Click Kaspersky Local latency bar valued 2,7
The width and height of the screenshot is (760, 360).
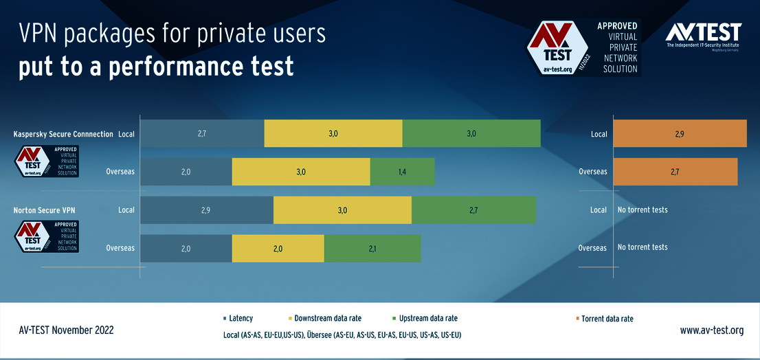[202, 133]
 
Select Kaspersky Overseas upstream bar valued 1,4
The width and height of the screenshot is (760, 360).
[402, 172]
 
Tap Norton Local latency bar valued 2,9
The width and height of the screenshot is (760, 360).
[206, 210]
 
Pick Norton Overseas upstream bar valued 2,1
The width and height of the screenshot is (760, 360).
[372, 249]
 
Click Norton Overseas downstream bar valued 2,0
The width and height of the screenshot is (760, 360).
[278, 249]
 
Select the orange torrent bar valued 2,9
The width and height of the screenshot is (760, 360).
[679, 133]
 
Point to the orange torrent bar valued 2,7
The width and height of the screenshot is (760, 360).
[675, 172]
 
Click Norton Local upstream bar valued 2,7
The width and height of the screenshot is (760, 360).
[473, 210]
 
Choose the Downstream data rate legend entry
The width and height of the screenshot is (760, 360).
[327, 318]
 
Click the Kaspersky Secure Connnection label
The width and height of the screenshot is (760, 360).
[63, 134]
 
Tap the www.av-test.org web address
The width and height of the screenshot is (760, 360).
[711, 330]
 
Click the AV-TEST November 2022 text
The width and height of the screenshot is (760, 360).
[66, 330]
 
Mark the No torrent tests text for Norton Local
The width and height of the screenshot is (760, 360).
[642, 210]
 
